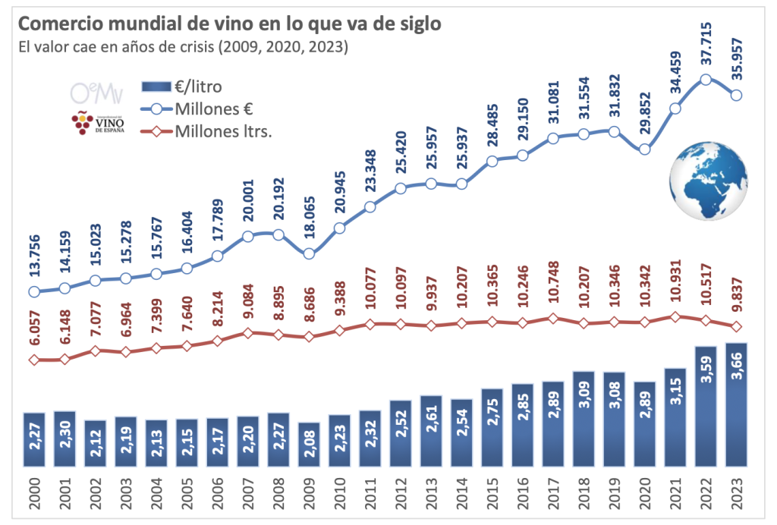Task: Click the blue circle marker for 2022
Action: (706, 79)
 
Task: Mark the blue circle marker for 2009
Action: (309, 253)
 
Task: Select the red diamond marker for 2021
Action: (675, 316)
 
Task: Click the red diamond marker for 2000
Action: (34, 359)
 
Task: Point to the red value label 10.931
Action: (675, 286)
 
